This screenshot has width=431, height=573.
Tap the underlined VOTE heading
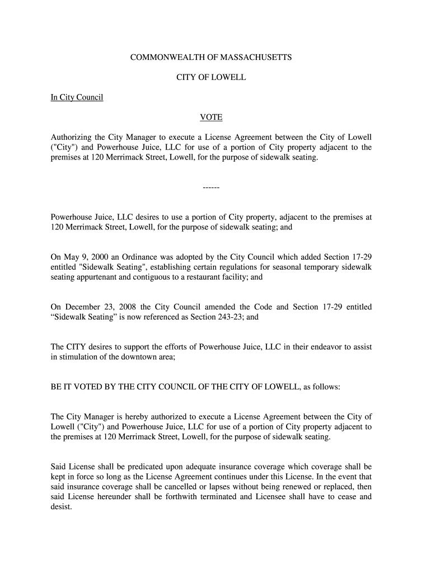click(211, 117)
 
